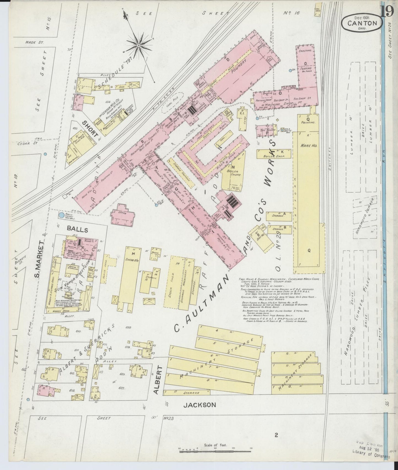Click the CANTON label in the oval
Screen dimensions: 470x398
coord(362,23)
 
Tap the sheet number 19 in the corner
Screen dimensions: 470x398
coord(388,12)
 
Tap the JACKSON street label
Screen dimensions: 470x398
coord(199,405)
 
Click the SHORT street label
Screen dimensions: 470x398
coord(90,129)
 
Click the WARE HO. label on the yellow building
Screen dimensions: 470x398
coord(308,146)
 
